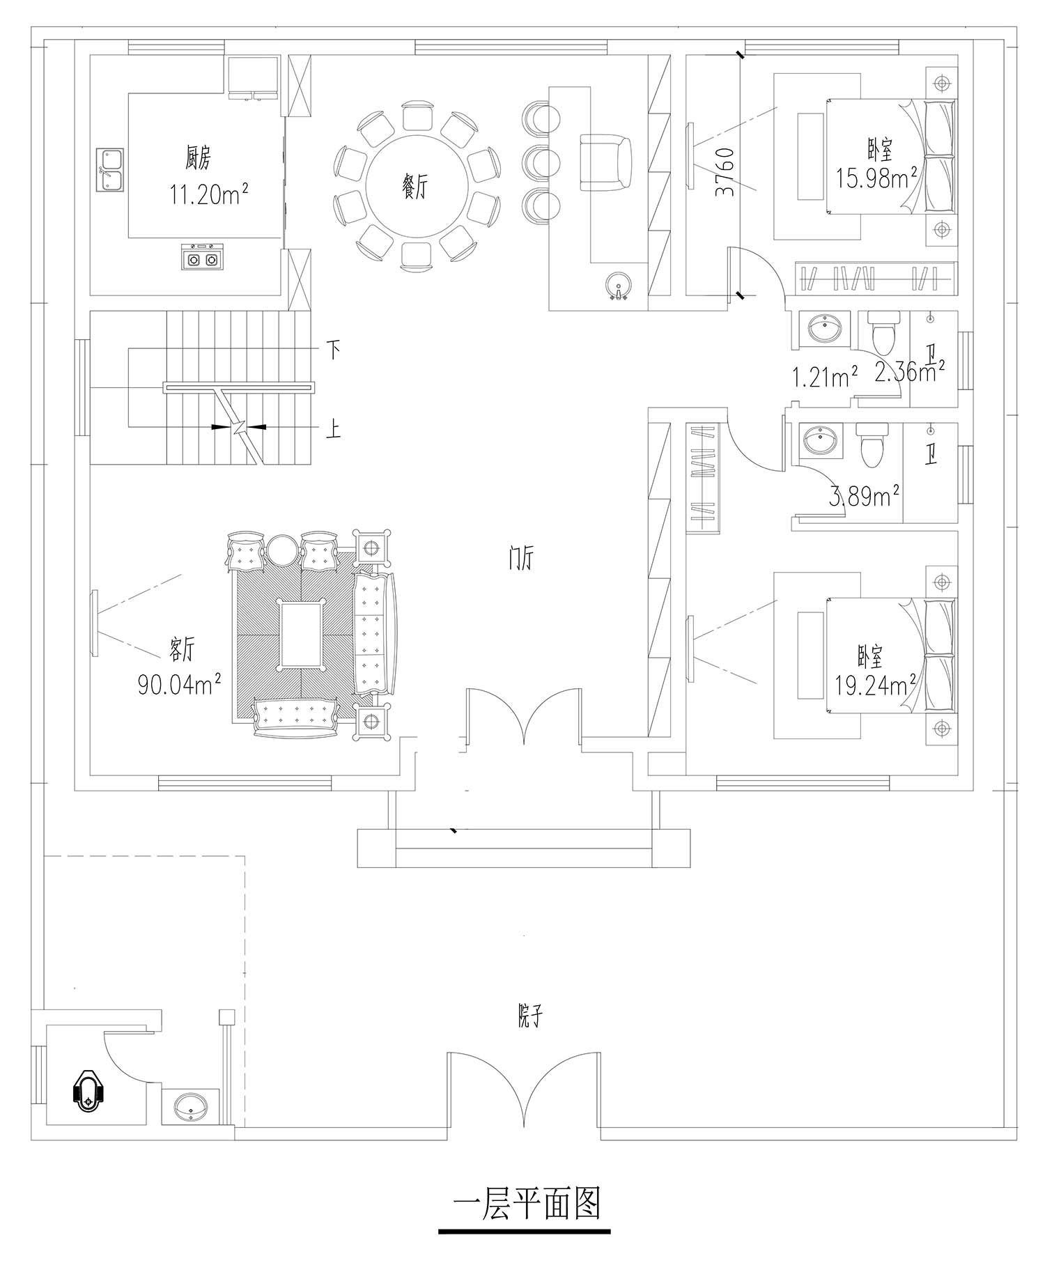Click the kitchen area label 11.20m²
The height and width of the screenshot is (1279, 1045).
(209, 194)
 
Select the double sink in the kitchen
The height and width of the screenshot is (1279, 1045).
(109, 169)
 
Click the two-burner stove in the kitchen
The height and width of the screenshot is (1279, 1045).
(202, 258)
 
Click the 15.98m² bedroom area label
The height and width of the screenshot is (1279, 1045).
(876, 178)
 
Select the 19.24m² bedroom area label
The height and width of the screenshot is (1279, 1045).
(875, 687)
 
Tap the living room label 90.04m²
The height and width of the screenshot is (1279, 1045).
(180, 684)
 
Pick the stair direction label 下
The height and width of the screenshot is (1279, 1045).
(334, 350)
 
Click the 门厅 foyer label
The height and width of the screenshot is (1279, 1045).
(520, 559)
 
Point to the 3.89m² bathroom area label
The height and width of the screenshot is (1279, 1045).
(865, 496)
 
